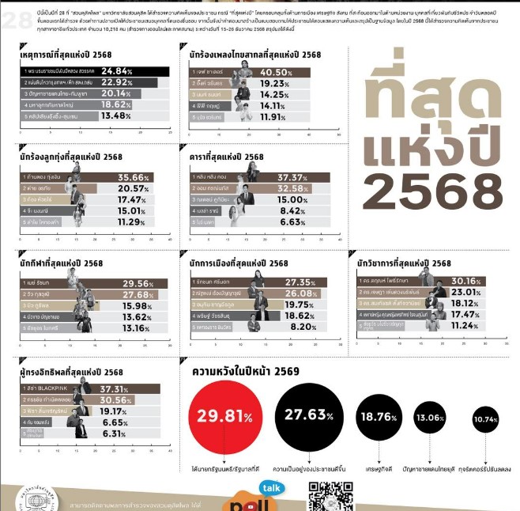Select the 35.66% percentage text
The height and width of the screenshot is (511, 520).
[134, 177]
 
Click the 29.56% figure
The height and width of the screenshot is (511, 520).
[139, 284]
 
